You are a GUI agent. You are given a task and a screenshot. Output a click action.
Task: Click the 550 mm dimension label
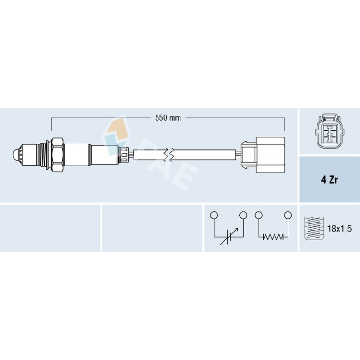click(x=168, y=118)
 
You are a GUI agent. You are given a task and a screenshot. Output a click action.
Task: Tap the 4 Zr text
click(x=329, y=180)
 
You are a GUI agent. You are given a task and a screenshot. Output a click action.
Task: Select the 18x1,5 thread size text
click(x=339, y=229)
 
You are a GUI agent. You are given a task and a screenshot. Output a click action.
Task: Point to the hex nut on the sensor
click(x=58, y=155)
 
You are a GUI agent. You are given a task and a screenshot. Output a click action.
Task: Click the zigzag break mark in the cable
click(x=169, y=154)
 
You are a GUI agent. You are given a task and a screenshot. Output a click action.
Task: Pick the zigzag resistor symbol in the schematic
click(x=273, y=237)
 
